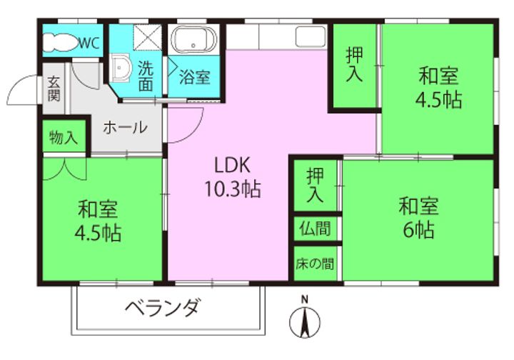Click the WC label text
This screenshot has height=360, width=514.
[89, 42]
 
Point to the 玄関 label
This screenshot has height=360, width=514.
[54, 89]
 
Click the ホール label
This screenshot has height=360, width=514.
[125, 128]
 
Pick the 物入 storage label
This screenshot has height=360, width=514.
[64, 138]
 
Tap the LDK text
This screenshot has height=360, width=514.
[230, 165]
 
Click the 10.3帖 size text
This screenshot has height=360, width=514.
[230, 189]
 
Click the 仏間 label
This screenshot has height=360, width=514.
[315, 230]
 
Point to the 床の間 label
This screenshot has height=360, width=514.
[315, 263]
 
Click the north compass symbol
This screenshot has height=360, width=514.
[303, 323]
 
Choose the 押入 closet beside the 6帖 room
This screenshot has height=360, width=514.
[315, 185]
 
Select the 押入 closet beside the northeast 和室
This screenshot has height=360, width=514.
[354, 66]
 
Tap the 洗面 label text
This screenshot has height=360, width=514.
[146, 76]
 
